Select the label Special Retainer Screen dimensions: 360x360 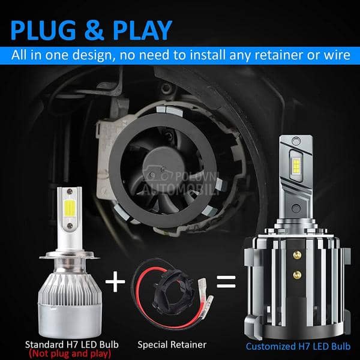(172, 344)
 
